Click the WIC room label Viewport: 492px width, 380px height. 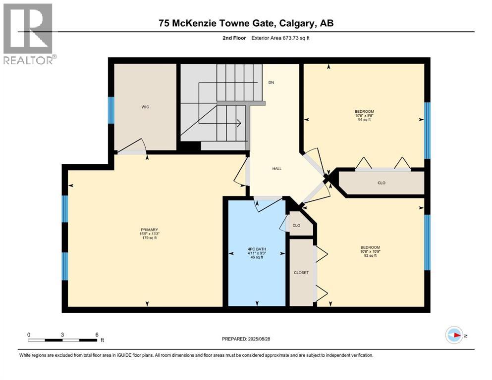[x=145, y=107]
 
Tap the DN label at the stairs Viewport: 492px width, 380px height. [x=271, y=83]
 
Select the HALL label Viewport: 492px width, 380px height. [x=277, y=169]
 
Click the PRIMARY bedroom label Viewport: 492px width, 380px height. [x=149, y=230]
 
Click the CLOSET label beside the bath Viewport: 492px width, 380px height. [x=301, y=273]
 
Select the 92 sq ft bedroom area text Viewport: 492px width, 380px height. [x=370, y=256]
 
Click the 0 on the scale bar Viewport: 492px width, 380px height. [x=29, y=334]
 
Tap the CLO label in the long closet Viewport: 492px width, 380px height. [x=382, y=183]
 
